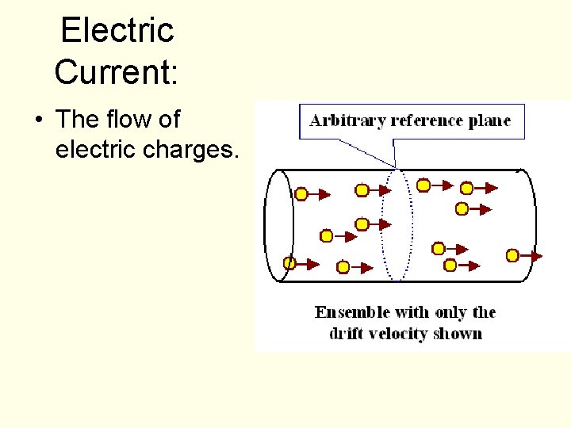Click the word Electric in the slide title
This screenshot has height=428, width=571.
click(117, 31)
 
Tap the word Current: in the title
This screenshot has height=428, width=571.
click(117, 72)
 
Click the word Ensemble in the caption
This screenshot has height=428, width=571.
click(354, 312)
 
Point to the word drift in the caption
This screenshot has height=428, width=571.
click(347, 333)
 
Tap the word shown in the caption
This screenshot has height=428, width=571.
click(458, 333)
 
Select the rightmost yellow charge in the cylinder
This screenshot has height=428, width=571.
click(512, 255)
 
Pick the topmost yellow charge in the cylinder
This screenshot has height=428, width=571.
click(423, 185)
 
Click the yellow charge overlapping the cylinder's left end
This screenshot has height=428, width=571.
click(289, 263)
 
